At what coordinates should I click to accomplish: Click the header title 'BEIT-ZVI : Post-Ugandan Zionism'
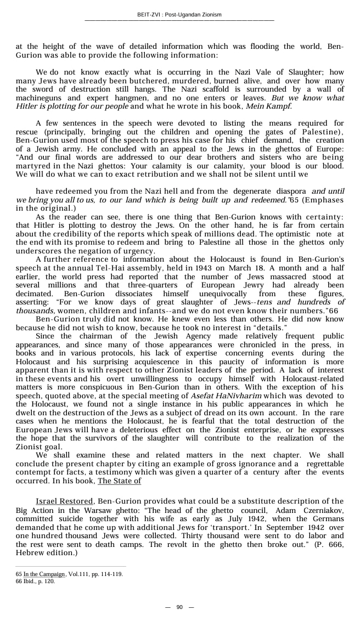tap(179, 15)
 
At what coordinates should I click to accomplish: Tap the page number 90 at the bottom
tap(179, 607)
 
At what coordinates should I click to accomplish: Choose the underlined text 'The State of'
tap(119, 481)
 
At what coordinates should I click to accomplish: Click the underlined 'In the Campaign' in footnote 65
tap(44, 574)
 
